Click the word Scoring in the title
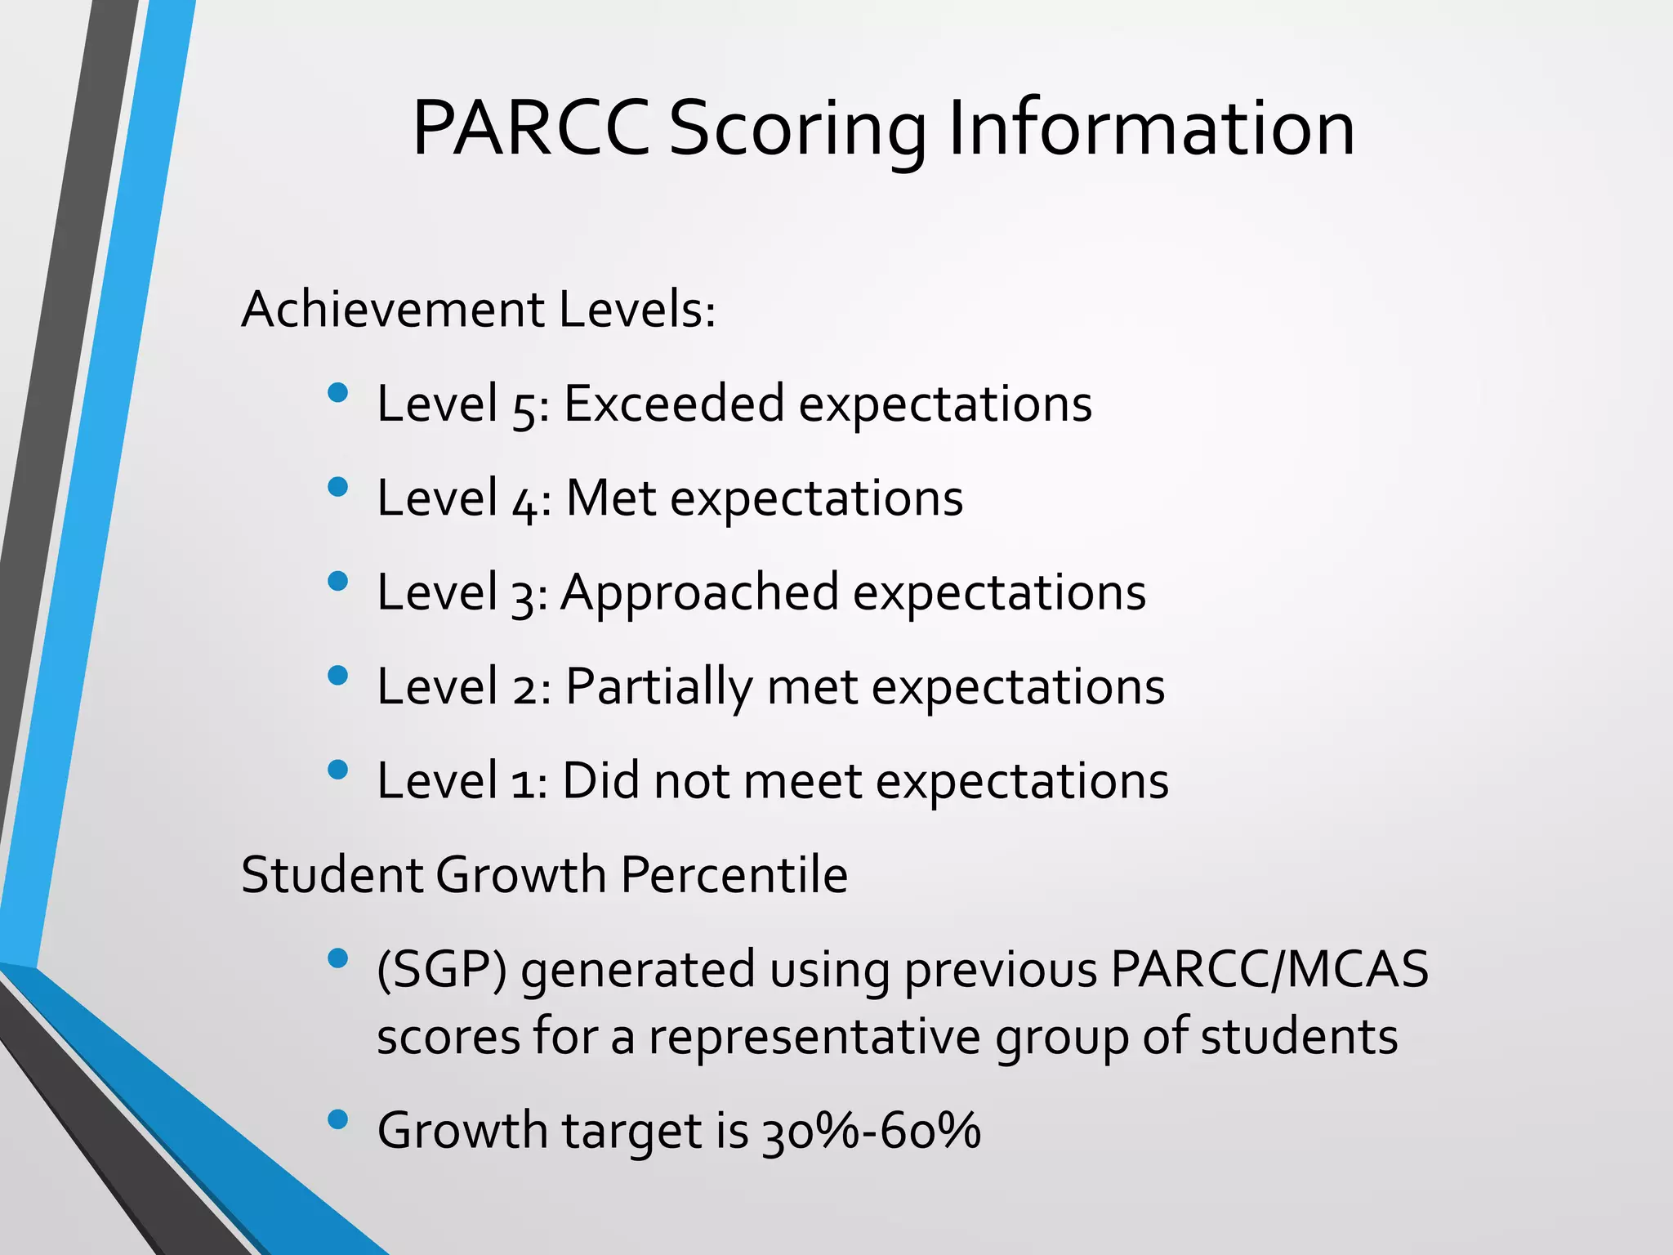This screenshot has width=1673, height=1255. [797, 131]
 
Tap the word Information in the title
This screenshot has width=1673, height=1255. [1152, 128]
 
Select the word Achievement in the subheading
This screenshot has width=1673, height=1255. [393, 310]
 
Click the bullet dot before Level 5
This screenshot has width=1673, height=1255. [337, 394]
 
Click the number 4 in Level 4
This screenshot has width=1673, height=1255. [524, 501]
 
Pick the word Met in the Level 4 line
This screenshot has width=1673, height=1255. [611, 498]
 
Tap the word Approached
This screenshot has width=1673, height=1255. [699, 593]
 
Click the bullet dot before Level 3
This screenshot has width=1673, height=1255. [337, 582]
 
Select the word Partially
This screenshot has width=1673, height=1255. [658, 687]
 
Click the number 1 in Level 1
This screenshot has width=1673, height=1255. [523, 783]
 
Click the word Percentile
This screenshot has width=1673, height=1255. [734, 875]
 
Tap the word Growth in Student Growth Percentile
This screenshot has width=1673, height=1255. [520, 875]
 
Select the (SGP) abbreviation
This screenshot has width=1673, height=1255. [441, 970]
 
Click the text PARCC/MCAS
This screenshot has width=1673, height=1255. [1269, 970]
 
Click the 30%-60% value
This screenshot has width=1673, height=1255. [871, 1132]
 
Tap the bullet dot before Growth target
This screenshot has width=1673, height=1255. [337, 1120]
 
